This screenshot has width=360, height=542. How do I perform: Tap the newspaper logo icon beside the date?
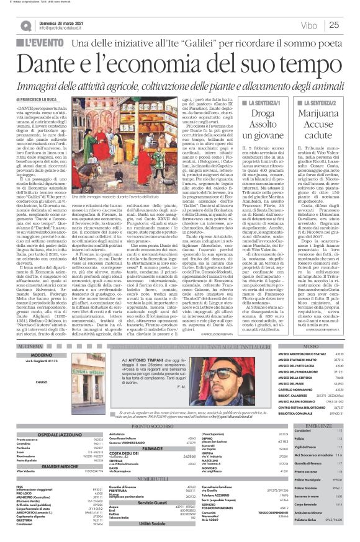coord(25,25)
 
